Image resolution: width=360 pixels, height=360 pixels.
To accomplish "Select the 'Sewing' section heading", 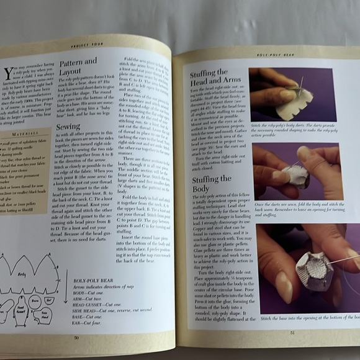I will [68, 127].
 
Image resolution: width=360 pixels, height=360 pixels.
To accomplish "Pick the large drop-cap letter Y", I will [8, 74].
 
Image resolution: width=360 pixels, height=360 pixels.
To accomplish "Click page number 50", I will [76, 338].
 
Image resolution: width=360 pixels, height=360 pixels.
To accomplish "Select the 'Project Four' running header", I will [82, 46].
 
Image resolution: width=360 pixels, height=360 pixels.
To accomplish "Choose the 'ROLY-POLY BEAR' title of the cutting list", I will [90, 280].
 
